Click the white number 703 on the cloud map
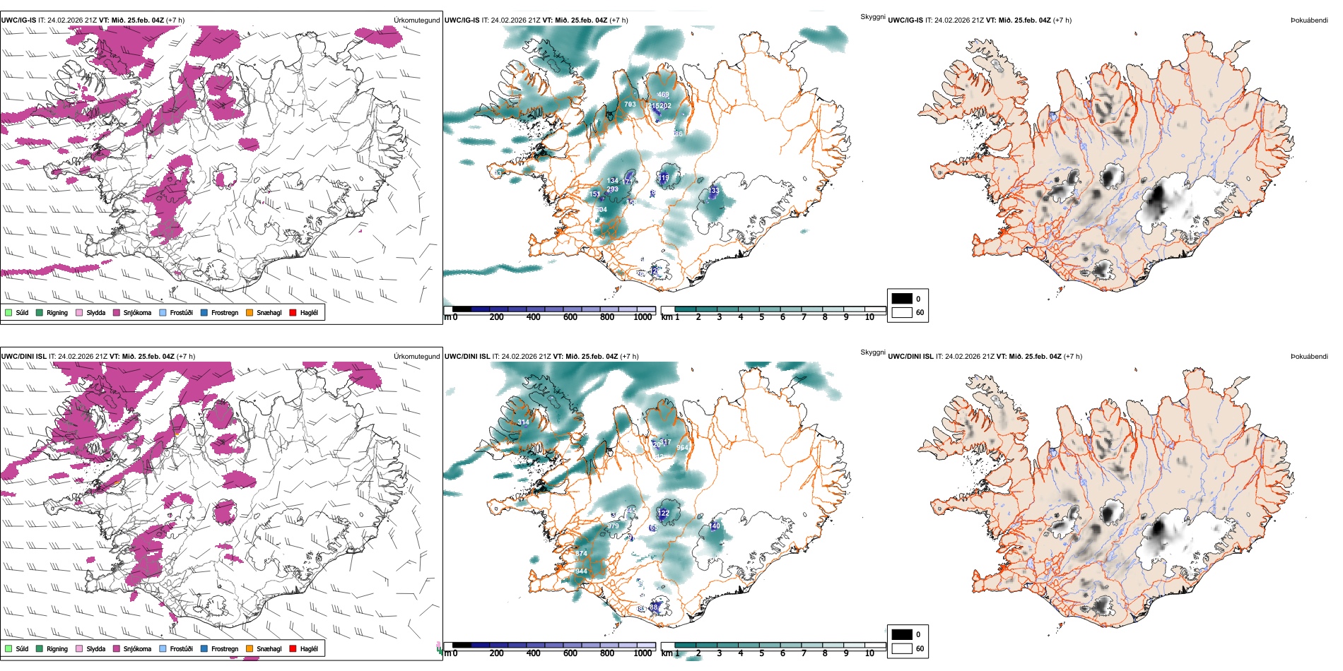point(630,105)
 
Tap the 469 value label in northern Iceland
point(663,95)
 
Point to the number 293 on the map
point(612,189)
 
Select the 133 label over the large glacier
point(714,191)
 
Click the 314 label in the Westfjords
point(523,422)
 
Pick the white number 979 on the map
point(613,526)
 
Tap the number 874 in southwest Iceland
point(581,554)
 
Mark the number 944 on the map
point(581,571)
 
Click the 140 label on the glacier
point(715,526)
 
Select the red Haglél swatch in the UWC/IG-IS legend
point(293,312)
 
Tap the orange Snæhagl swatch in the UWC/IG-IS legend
point(250,312)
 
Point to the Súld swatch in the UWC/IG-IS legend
point(8,312)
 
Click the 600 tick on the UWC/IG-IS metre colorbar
point(570,317)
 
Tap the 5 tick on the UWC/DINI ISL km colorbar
point(761,653)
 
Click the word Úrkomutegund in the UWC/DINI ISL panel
point(416,357)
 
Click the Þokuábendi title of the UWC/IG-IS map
point(1309,20)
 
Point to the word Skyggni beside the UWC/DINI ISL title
point(872,352)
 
